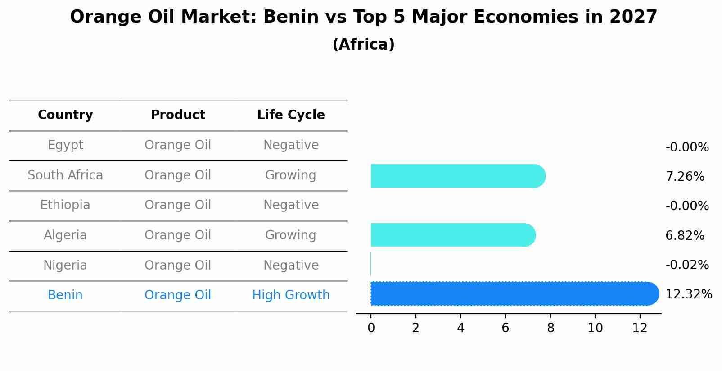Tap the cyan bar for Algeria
click(x=453, y=235)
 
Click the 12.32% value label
click(x=689, y=294)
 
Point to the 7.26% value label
click(x=685, y=176)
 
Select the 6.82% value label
click(x=685, y=235)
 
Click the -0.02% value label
click(x=687, y=265)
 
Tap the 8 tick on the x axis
click(x=550, y=328)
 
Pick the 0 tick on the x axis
click(x=371, y=328)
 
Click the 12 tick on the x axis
click(x=640, y=328)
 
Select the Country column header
click(x=65, y=115)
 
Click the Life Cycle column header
click(x=291, y=115)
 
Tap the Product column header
click(x=178, y=115)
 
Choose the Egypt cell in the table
click(x=65, y=145)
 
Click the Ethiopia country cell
click(x=65, y=205)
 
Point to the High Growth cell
click(x=291, y=295)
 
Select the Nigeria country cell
click(x=65, y=265)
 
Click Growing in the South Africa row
click(x=290, y=175)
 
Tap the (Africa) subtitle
click(x=363, y=45)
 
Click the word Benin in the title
click(x=284, y=17)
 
